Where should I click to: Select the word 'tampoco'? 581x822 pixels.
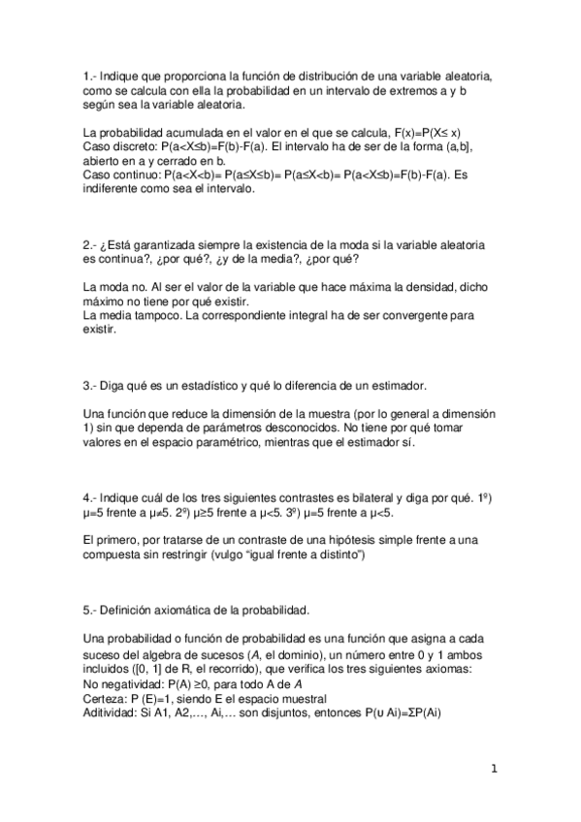click(x=151, y=315)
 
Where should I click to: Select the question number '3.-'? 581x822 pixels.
click(x=92, y=386)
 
